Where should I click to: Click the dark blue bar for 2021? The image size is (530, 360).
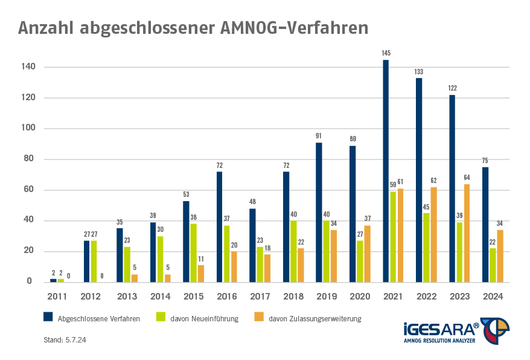[x=386, y=171]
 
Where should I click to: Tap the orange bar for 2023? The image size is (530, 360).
[x=467, y=233]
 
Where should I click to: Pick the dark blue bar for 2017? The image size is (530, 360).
[x=252, y=245]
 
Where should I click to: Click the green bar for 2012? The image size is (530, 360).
[x=94, y=262]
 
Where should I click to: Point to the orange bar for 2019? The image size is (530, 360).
[x=334, y=256]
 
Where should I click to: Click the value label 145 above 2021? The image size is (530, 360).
[x=386, y=53]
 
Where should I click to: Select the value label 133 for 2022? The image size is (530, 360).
[x=419, y=72]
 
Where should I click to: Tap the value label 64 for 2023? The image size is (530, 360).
[x=467, y=178]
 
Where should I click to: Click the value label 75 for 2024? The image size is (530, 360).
[x=485, y=161]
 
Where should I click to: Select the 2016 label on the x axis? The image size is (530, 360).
[x=226, y=296]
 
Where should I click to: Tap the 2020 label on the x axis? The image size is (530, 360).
[x=359, y=296]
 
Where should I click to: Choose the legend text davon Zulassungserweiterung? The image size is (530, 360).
[x=315, y=318]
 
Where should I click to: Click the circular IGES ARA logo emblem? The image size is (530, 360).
[x=495, y=330]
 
